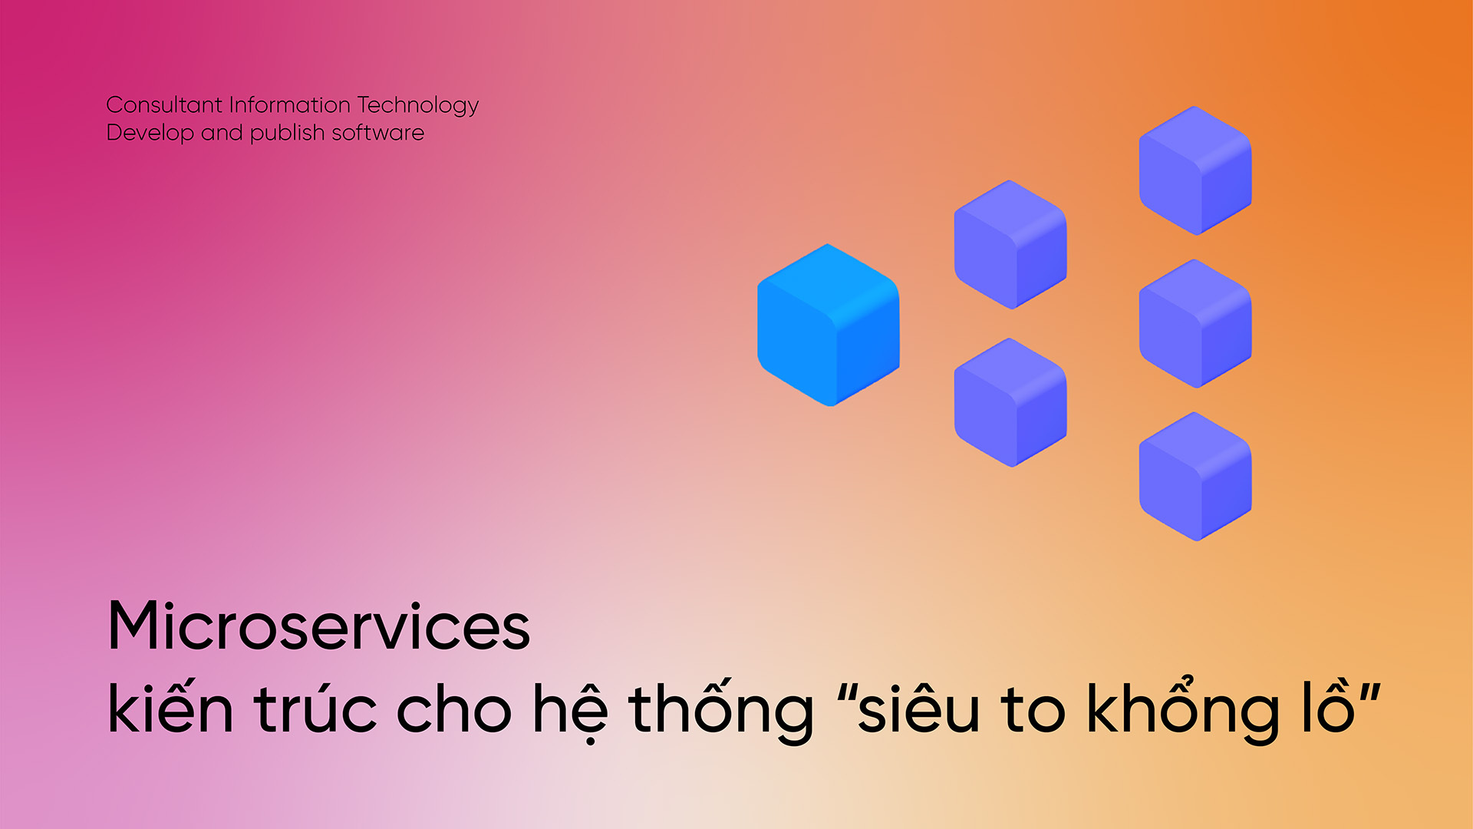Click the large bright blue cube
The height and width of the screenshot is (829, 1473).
(829, 325)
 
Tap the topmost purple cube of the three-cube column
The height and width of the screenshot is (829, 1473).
(1195, 170)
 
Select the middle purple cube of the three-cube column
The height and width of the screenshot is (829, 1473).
(1195, 323)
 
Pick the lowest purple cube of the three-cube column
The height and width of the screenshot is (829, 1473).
(1195, 476)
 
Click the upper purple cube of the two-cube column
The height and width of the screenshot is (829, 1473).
(1010, 244)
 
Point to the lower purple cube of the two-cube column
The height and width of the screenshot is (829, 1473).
(1010, 402)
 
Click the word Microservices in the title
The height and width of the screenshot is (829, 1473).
(319, 626)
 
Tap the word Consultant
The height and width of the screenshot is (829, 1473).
(164, 104)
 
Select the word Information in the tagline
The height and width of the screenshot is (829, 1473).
(290, 104)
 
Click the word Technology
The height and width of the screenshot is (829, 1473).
(418, 106)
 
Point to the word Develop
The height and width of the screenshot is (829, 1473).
(150, 134)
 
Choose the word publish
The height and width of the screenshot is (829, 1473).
(288, 134)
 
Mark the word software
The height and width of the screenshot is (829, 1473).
(378, 132)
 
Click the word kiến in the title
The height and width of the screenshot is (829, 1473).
(170, 705)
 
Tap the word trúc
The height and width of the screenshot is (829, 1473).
(315, 705)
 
